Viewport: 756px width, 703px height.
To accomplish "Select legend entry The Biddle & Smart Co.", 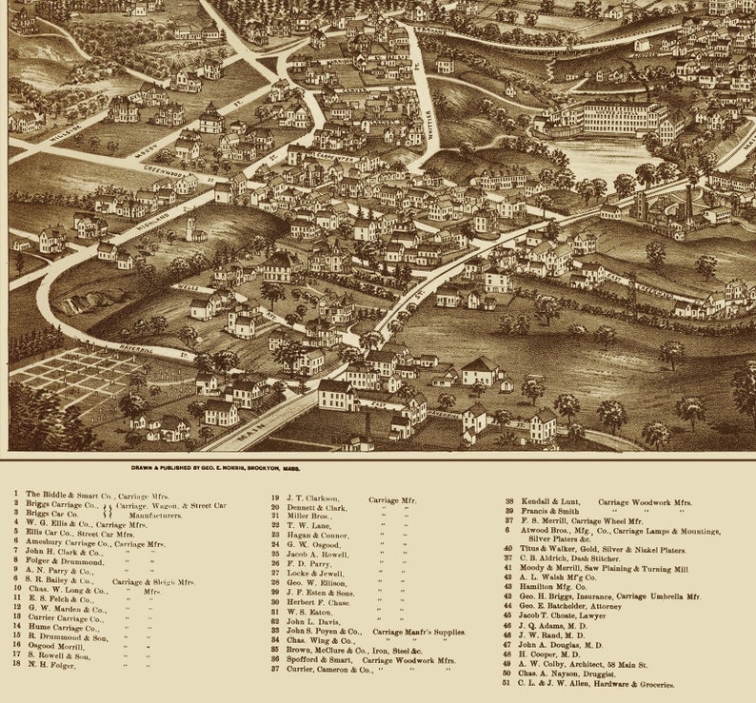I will click(x=86, y=495).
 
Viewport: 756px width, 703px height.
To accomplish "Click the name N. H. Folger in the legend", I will click(x=51, y=664).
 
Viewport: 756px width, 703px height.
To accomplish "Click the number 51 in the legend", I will click(x=506, y=684).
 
